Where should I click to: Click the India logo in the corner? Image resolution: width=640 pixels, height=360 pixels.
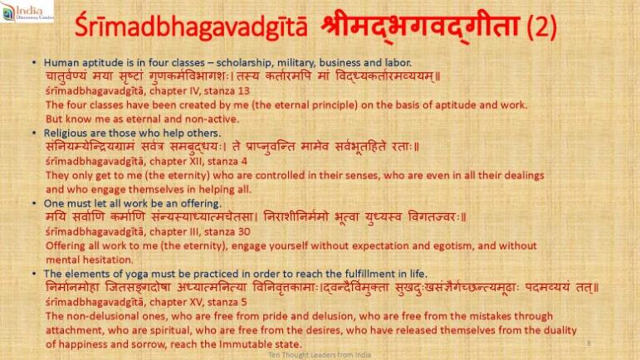(27, 11)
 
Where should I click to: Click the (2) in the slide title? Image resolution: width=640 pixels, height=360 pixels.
(541, 27)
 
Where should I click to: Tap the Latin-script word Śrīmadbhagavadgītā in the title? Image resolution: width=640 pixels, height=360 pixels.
(191, 27)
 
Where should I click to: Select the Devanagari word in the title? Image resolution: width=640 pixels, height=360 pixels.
(419, 26)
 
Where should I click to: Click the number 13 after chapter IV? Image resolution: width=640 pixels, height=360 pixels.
(244, 91)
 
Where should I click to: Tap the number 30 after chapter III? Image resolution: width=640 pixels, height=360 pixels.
(244, 232)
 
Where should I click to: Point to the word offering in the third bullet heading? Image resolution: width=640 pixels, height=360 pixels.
(203, 203)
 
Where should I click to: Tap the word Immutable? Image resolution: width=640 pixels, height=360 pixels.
(243, 344)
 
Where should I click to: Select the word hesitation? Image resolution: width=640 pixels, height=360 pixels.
(110, 260)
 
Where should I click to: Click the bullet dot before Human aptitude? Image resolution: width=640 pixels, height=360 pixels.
(34, 63)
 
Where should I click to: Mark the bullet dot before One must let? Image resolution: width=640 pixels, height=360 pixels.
(34, 203)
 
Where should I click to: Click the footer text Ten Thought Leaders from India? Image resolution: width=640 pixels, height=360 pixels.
(320, 355)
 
